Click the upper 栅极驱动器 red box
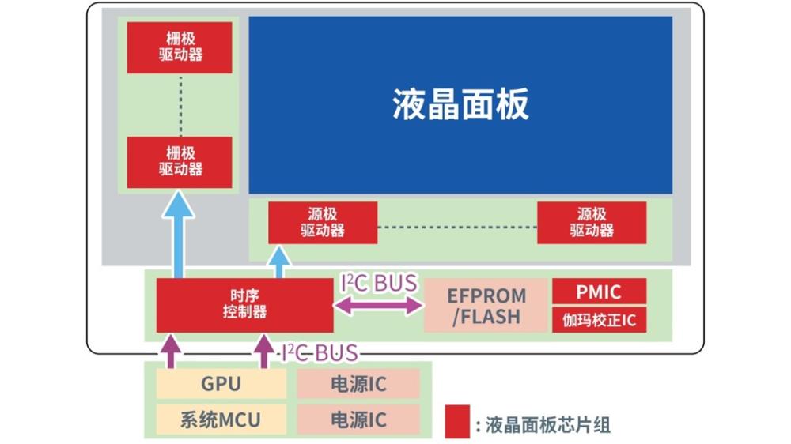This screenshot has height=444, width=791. click(x=180, y=47)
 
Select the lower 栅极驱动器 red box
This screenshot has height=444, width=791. click(x=180, y=162)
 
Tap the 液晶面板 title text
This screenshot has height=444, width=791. click(x=460, y=104)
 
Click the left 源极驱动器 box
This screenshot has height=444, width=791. click(x=323, y=223)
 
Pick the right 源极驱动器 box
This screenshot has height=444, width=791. click(x=592, y=223)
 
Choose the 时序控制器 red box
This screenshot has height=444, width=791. click(x=244, y=305)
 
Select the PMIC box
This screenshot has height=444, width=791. click(x=599, y=292)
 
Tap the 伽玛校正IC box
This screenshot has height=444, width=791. click(x=599, y=320)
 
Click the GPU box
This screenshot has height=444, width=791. click(x=221, y=385)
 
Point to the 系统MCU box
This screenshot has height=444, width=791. click(x=221, y=418)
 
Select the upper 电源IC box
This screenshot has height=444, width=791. click(x=358, y=385)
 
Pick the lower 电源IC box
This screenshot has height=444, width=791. click(x=358, y=418)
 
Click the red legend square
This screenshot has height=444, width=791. click(x=457, y=422)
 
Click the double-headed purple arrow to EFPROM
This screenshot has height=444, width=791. click(x=379, y=306)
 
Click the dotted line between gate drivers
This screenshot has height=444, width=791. click(x=180, y=104)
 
